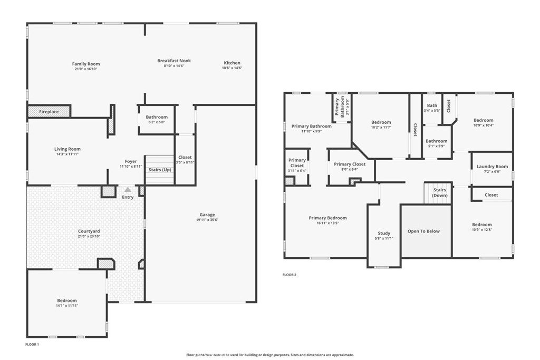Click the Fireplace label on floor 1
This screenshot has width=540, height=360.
[x=49, y=112]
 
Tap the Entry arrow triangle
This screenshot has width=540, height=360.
[x=128, y=190]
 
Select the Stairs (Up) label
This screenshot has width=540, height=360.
[x=159, y=170]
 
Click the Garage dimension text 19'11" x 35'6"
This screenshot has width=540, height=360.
[x=207, y=220]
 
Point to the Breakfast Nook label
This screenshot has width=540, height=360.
[x=174, y=61]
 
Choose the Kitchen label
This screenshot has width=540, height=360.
[x=232, y=63]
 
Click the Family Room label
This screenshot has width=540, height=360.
[x=86, y=64]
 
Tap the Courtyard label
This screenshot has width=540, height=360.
[x=89, y=231]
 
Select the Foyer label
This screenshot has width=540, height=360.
[x=131, y=161]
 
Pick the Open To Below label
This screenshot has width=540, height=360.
[x=423, y=231]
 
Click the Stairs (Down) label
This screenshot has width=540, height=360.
[x=440, y=192]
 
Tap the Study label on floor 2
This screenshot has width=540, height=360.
[x=384, y=233]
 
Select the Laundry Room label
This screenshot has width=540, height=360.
[x=492, y=167]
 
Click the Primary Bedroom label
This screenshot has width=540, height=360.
[x=327, y=218]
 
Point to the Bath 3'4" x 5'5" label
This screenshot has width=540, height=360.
[x=432, y=108]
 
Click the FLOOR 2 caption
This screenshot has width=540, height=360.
[x=289, y=275]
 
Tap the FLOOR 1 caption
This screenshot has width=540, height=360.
[x=32, y=344]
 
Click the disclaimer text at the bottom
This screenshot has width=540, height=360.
[x=270, y=355]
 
